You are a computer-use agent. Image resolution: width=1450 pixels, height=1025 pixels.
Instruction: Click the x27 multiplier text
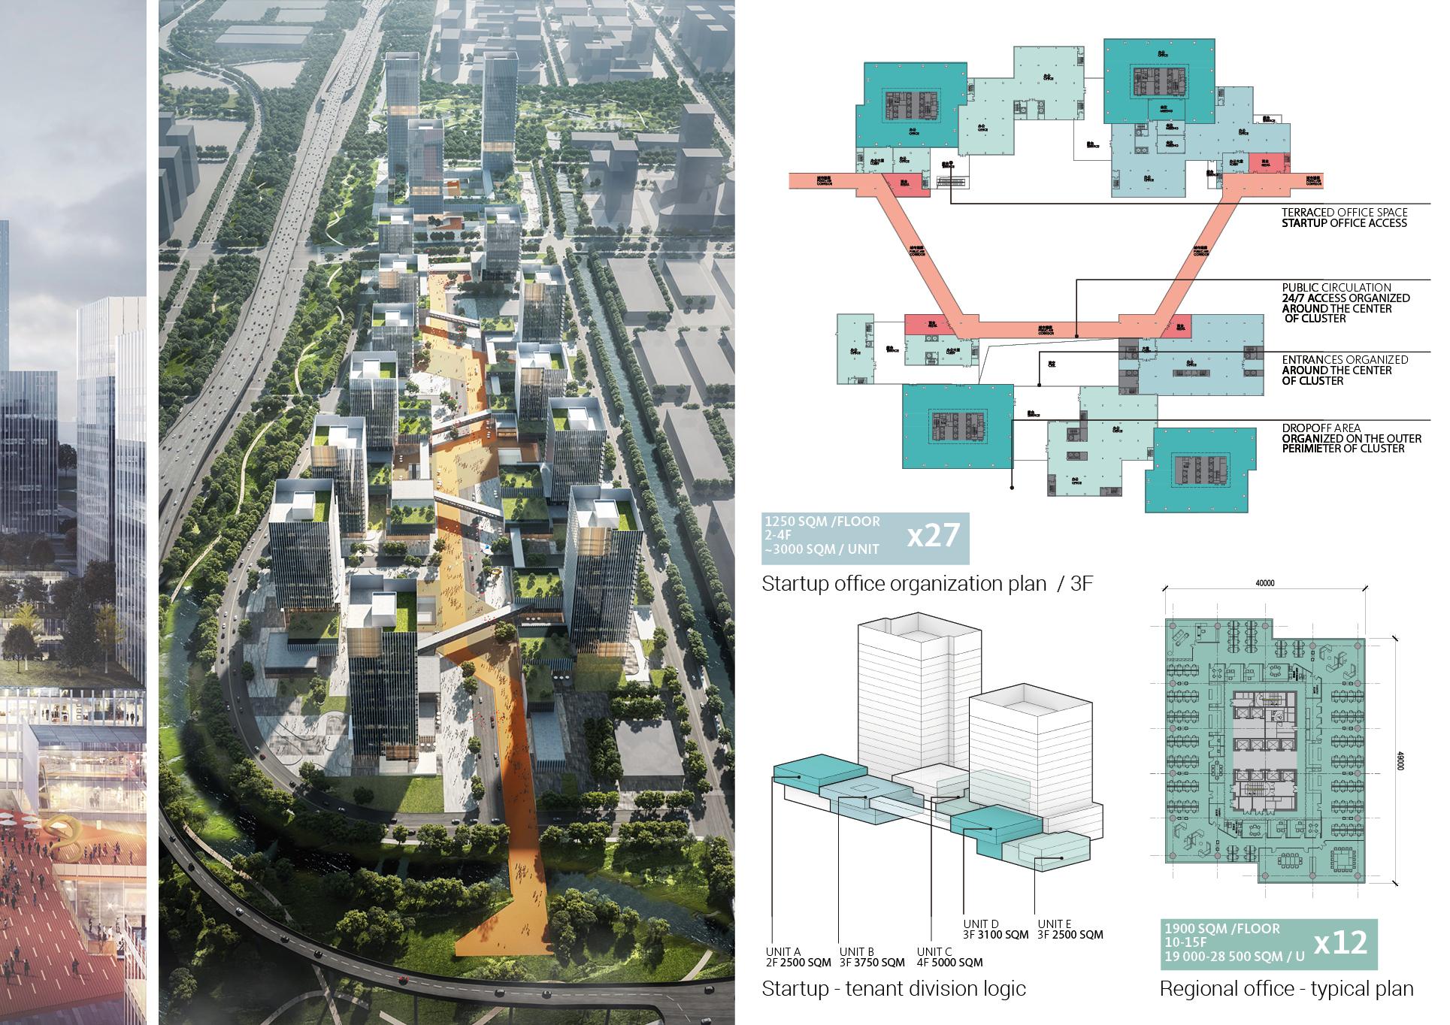point(934,536)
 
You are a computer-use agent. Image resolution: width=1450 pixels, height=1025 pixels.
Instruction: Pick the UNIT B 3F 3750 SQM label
point(872,957)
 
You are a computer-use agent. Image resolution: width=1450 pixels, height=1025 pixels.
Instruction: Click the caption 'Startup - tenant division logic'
point(893,988)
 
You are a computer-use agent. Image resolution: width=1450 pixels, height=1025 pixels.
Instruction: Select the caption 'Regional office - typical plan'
point(1286,988)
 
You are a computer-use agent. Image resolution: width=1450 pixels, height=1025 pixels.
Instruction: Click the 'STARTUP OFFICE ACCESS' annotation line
point(1344,222)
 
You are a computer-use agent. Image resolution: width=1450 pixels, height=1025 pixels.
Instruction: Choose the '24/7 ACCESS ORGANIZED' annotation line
point(1346,298)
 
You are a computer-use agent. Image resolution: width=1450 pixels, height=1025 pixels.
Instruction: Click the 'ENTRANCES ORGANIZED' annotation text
point(1345,360)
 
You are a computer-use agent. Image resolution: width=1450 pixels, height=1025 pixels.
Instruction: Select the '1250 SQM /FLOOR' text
point(822,521)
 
